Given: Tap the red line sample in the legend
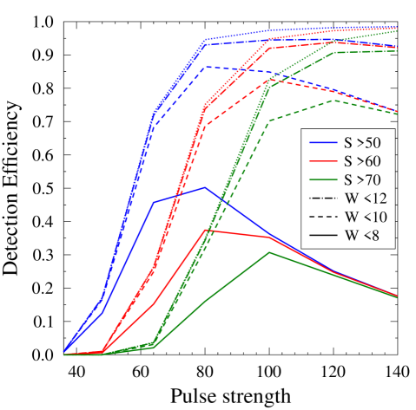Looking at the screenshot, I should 322,160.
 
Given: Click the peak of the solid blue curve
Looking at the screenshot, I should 205,187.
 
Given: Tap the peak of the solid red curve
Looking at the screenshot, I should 205,230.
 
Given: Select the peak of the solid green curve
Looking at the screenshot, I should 270,252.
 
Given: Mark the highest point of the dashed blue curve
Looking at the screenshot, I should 205,67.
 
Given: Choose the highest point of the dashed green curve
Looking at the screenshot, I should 334,101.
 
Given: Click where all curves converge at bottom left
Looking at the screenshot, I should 64,354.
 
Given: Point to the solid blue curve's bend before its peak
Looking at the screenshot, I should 154,203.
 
